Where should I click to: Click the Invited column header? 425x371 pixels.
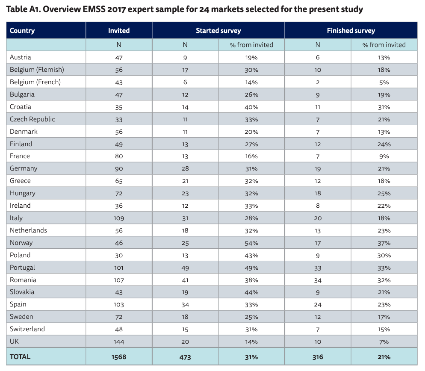pyautogui.click(x=119, y=30)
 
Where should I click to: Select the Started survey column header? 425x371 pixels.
pyautogui.click(x=218, y=30)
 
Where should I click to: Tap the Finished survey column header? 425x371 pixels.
pyautogui.click(x=351, y=30)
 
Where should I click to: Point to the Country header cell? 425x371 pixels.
pyautogui.click(x=22, y=30)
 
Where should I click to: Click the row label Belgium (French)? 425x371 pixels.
pyautogui.click(x=35, y=82)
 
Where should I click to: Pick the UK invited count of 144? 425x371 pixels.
pyautogui.click(x=119, y=342)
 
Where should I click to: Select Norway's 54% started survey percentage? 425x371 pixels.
pyautogui.click(x=251, y=243)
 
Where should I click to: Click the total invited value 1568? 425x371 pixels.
pyautogui.click(x=119, y=357)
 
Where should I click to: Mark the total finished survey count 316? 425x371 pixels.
pyautogui.click(x=318, y=357)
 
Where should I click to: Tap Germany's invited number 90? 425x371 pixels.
pyautogui.click(x=119, y=168)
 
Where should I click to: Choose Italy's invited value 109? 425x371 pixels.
pyautogui.click(x=119, y=218)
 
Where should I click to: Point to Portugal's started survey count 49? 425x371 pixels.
pyautogui.click(x=185, y=268)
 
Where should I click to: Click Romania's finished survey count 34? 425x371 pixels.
pyautogui.click(x=318, y=280)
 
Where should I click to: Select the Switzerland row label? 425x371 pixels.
pyautogui.click(x=27, y=329)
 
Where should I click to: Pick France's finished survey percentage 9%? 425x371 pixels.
pyautogui.click(x=384, y=156)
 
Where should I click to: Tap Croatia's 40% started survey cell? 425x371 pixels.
pyautogui.click(x=251, y=107)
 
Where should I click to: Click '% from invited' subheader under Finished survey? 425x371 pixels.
pyautogui.click(x=384, y=45)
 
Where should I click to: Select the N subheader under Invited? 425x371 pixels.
pyautogui.click(x=119, y=45)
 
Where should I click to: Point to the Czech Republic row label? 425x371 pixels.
pyautogui.click(x=32, y=119)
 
